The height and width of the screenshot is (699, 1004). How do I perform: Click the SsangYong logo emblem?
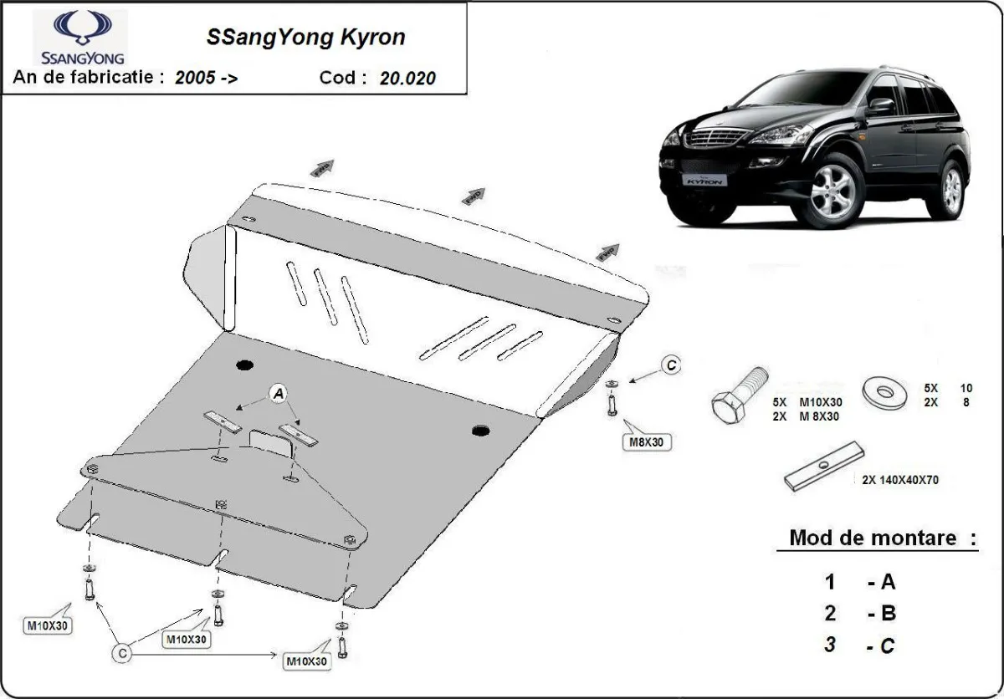pyautogui.click(x=82, y=28)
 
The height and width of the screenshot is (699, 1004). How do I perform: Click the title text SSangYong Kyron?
pyautogui.click(x=305, y=38)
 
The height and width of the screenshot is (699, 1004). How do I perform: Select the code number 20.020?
pyautogui.click(x=407, y=79)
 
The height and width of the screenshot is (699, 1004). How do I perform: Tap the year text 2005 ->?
pyautogui.click(x=206, y=79)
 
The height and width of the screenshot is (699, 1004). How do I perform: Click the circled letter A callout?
pyautogui.click(x=279, y=393)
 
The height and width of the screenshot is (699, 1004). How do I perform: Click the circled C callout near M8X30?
pyautogui.click(x=670, y=365)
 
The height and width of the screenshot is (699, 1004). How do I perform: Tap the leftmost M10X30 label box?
pyautogui.click(x=48, y=625)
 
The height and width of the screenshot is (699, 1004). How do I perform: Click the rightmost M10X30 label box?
pyautogui.click(x=306, y=661)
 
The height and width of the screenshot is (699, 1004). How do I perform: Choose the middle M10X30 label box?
pyautogui.click(x=186, y=640)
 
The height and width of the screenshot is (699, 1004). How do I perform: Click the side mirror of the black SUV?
pyautogui.click(x=880, y=106)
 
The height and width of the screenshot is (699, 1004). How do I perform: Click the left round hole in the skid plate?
pyautogui.click(x=245, y=365)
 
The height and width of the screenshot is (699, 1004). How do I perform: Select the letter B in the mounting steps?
pyautogui.click(x=888, y=613)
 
